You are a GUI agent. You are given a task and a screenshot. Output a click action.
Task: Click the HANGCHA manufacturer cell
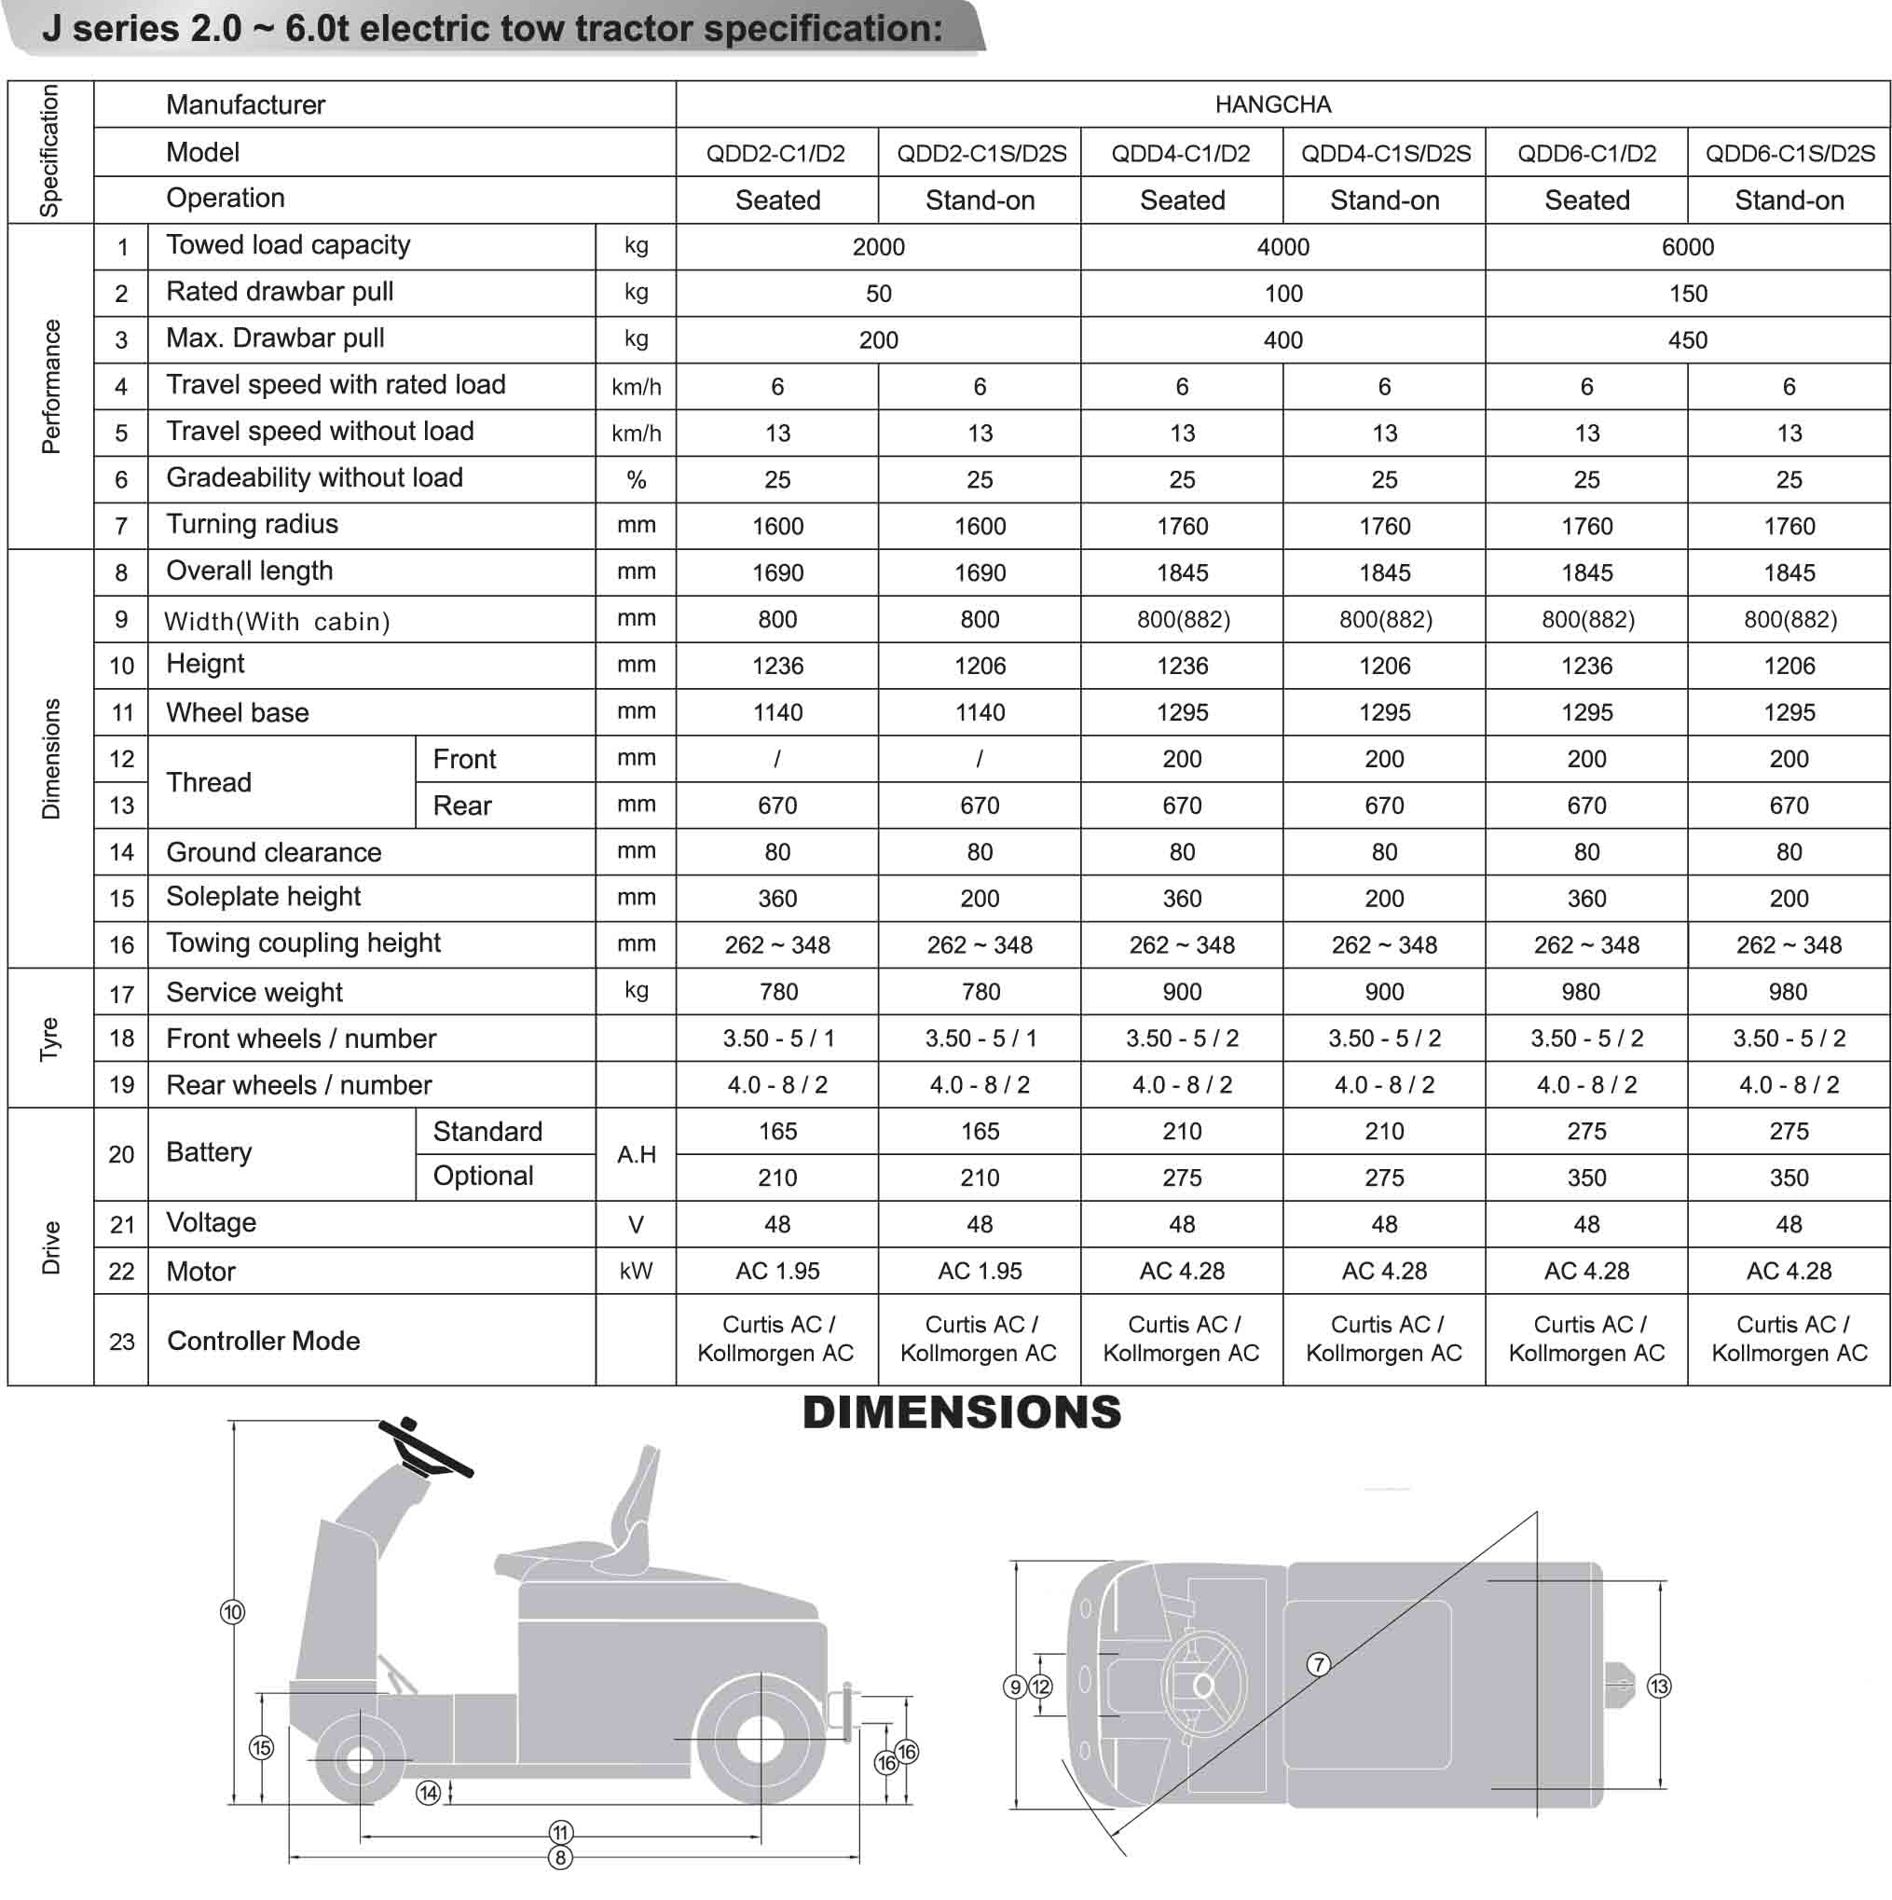coord(1272,104)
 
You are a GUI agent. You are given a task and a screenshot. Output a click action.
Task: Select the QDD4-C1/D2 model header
coord(1180,154)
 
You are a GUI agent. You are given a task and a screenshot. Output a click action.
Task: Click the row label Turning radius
coord(252,524)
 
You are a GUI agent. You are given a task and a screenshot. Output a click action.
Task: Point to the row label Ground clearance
coord(273,852)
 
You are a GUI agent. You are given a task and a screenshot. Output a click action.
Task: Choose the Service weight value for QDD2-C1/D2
coord(778,991)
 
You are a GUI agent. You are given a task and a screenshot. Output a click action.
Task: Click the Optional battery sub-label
coord(483,1177)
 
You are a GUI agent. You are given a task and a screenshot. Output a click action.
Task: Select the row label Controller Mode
coord(264,1341)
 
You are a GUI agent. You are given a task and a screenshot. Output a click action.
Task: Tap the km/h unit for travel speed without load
coord(637,433)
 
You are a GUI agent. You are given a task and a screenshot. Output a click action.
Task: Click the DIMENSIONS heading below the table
coord(962,1413)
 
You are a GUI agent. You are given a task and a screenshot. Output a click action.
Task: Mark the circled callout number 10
coord(232,1612)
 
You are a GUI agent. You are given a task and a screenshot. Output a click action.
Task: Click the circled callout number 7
coord(1319,1664)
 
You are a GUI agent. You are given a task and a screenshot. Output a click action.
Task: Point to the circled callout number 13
coord(1659,1687)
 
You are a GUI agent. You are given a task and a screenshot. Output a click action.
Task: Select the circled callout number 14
coord(428,1793)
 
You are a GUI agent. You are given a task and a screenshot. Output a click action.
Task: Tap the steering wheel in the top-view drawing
coord(1202,1686)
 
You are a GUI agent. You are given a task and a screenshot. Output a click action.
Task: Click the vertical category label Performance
coord(50,387)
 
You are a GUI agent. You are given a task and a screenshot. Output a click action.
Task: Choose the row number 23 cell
coord(121,1342)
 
